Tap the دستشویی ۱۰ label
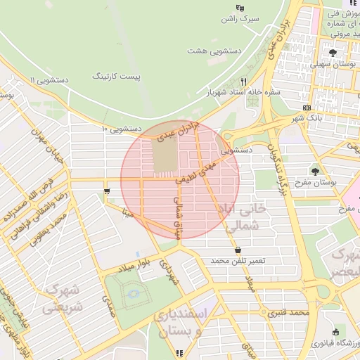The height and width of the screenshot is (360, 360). pos(122,129)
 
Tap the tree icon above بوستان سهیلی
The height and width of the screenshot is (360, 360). pos(333,52)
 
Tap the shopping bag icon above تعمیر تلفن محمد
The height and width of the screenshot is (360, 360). pos(238,250)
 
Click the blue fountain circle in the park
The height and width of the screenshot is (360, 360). pos(132,297)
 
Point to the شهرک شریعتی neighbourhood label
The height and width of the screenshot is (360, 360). pos(63,297)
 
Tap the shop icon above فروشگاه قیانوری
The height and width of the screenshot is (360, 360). pos(335,332)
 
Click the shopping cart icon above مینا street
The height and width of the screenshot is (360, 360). pos(106,191)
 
